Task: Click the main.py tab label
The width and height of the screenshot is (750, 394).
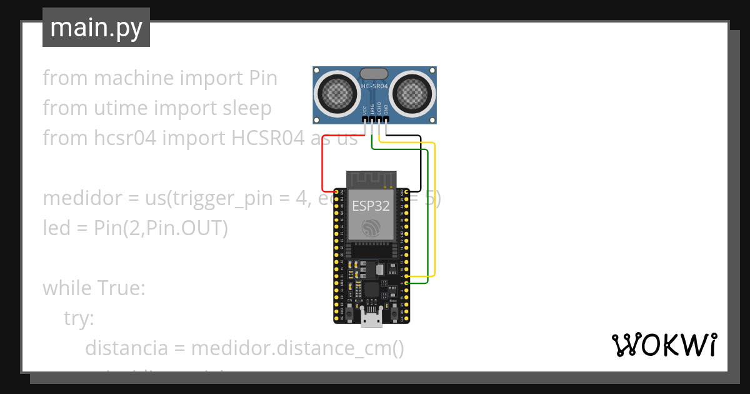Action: [96, 28]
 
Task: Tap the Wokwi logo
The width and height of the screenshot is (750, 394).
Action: [663, 345]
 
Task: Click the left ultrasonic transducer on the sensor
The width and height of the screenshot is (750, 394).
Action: [337, 94]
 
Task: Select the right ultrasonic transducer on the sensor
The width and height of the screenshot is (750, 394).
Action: [412, 94]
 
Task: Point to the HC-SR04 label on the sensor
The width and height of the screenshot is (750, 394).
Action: [375, 85]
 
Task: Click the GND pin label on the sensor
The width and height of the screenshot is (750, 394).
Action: [386, 110]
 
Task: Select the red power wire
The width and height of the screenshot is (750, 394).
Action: [322, 169]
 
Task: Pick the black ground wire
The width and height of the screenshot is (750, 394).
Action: [420, 163]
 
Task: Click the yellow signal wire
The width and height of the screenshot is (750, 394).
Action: [434, 206]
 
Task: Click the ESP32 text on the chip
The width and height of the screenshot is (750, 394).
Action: [371, 206]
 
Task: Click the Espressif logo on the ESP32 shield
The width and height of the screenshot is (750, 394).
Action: [371, 228]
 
